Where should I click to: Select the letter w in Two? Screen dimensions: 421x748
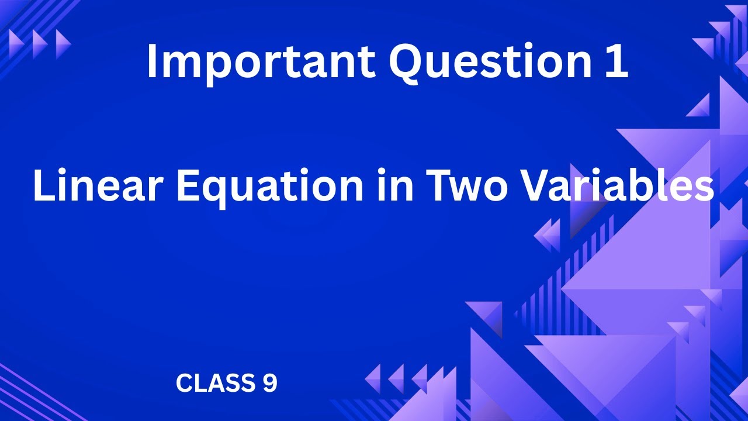pyautogui.click(x=467, y=189)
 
